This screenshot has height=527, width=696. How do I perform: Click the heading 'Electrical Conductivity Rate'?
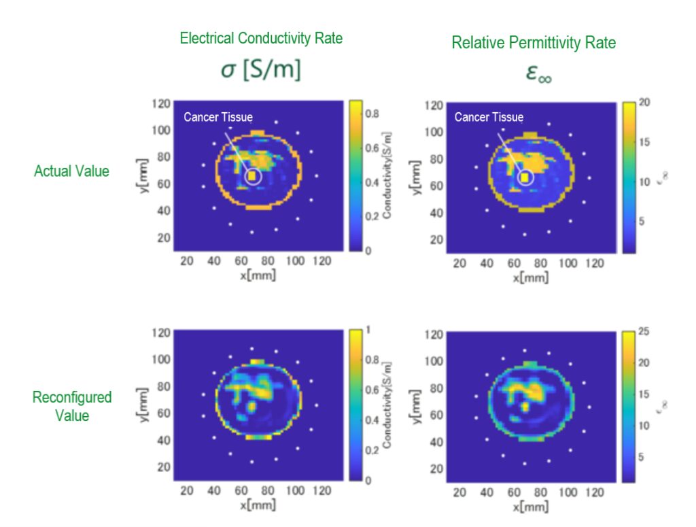coord(261,39)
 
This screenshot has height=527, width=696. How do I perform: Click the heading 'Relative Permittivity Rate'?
coord(534,43)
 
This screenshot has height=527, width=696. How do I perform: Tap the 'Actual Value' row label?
coord(71,171)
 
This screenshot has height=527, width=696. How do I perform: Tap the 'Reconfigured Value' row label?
coord(71,405)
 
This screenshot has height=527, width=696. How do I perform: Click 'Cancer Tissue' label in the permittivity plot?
coord(489,117)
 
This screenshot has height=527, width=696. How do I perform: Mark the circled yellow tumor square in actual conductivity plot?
coord(252,176)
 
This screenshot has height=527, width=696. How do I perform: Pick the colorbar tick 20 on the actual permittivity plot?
coord(646,101)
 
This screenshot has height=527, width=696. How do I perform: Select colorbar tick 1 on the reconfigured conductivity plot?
coord(368,330)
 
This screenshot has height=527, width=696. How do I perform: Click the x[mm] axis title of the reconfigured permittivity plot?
coord(529,507)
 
